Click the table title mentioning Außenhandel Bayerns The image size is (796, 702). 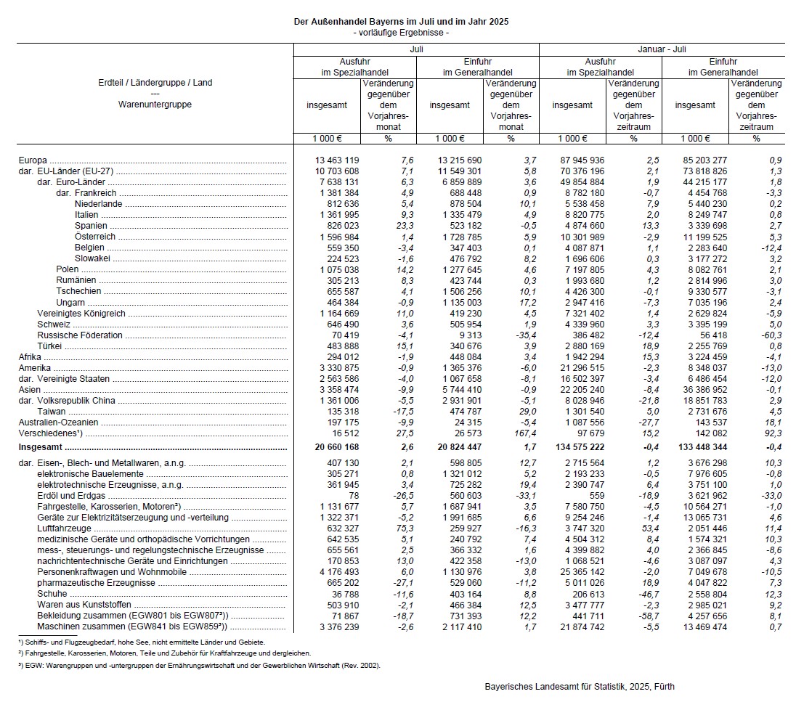(x=400, y=22)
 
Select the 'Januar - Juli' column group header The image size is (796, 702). (x=662, y=49)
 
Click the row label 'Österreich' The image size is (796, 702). (x=95, y=237)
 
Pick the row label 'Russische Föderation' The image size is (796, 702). (x=80, y=335)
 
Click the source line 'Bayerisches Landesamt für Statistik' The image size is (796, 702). (x=580, y=686)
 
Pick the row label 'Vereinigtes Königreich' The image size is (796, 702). (x=81, y=314)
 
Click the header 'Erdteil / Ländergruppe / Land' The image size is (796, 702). (x=155, y=83)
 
